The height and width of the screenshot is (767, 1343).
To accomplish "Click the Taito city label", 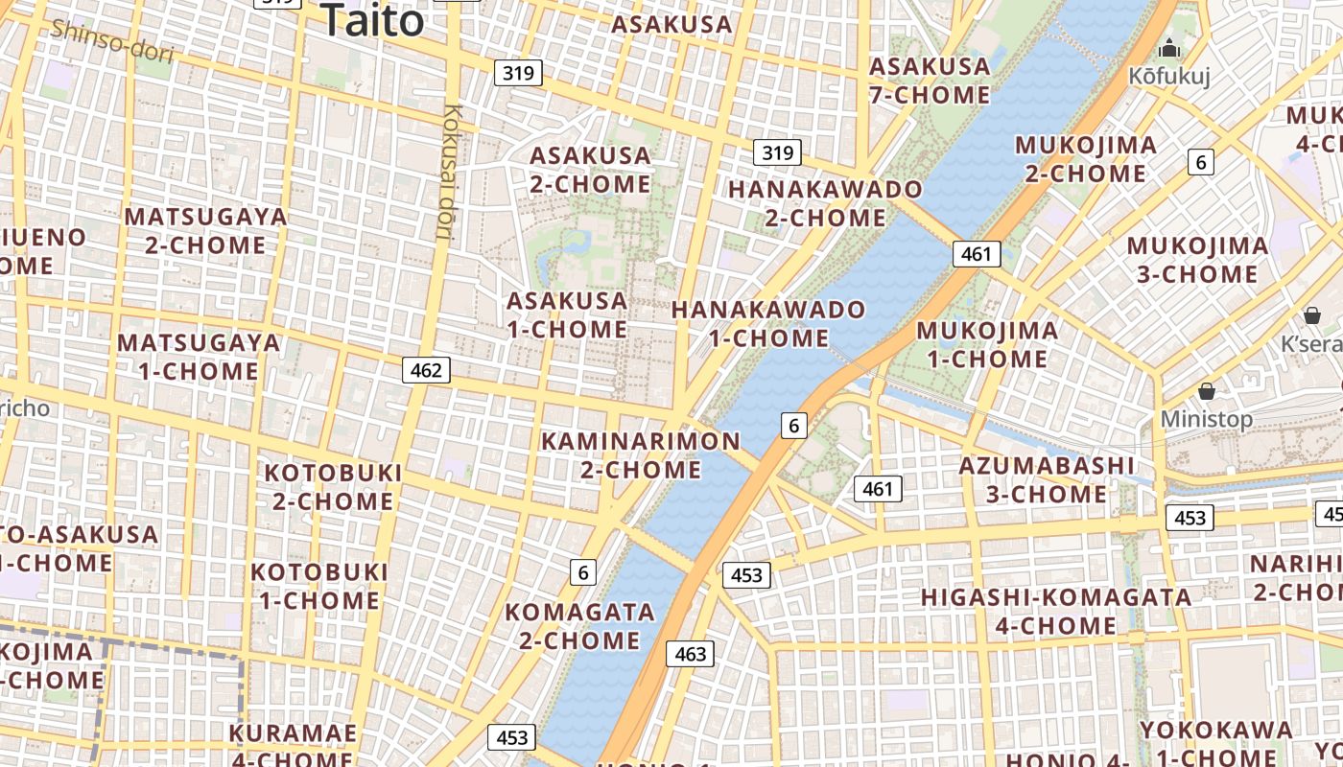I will (372, 20).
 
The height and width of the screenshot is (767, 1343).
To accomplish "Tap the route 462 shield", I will (426, 370).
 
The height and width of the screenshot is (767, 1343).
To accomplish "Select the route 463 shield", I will (690, 654).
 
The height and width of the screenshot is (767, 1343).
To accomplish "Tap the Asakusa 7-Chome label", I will (929, 81).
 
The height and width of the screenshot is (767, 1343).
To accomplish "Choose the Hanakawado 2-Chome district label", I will (824, 203).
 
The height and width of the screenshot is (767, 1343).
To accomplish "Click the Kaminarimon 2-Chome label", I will (641, 455).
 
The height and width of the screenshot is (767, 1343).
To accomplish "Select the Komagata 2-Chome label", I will (579, 625).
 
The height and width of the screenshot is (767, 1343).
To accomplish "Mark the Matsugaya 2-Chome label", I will (205, 230).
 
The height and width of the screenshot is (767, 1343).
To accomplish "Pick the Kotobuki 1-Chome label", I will (319, 586).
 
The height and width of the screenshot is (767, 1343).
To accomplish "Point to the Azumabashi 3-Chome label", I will (1047, 479).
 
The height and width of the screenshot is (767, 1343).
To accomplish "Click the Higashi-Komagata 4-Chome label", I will (1055, 612).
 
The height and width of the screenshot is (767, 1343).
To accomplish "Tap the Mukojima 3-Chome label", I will (1196, 260).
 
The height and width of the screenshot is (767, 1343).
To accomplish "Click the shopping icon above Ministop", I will (1206, 391).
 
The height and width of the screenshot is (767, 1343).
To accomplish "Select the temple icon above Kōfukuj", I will (1169, 48).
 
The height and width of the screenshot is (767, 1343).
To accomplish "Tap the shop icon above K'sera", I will (1311, 315).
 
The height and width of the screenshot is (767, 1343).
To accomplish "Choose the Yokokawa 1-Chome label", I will (1215, 743).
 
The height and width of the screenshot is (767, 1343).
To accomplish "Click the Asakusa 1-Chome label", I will (566, 314).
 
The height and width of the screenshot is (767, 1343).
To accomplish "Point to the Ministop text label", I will (1206, 419).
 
